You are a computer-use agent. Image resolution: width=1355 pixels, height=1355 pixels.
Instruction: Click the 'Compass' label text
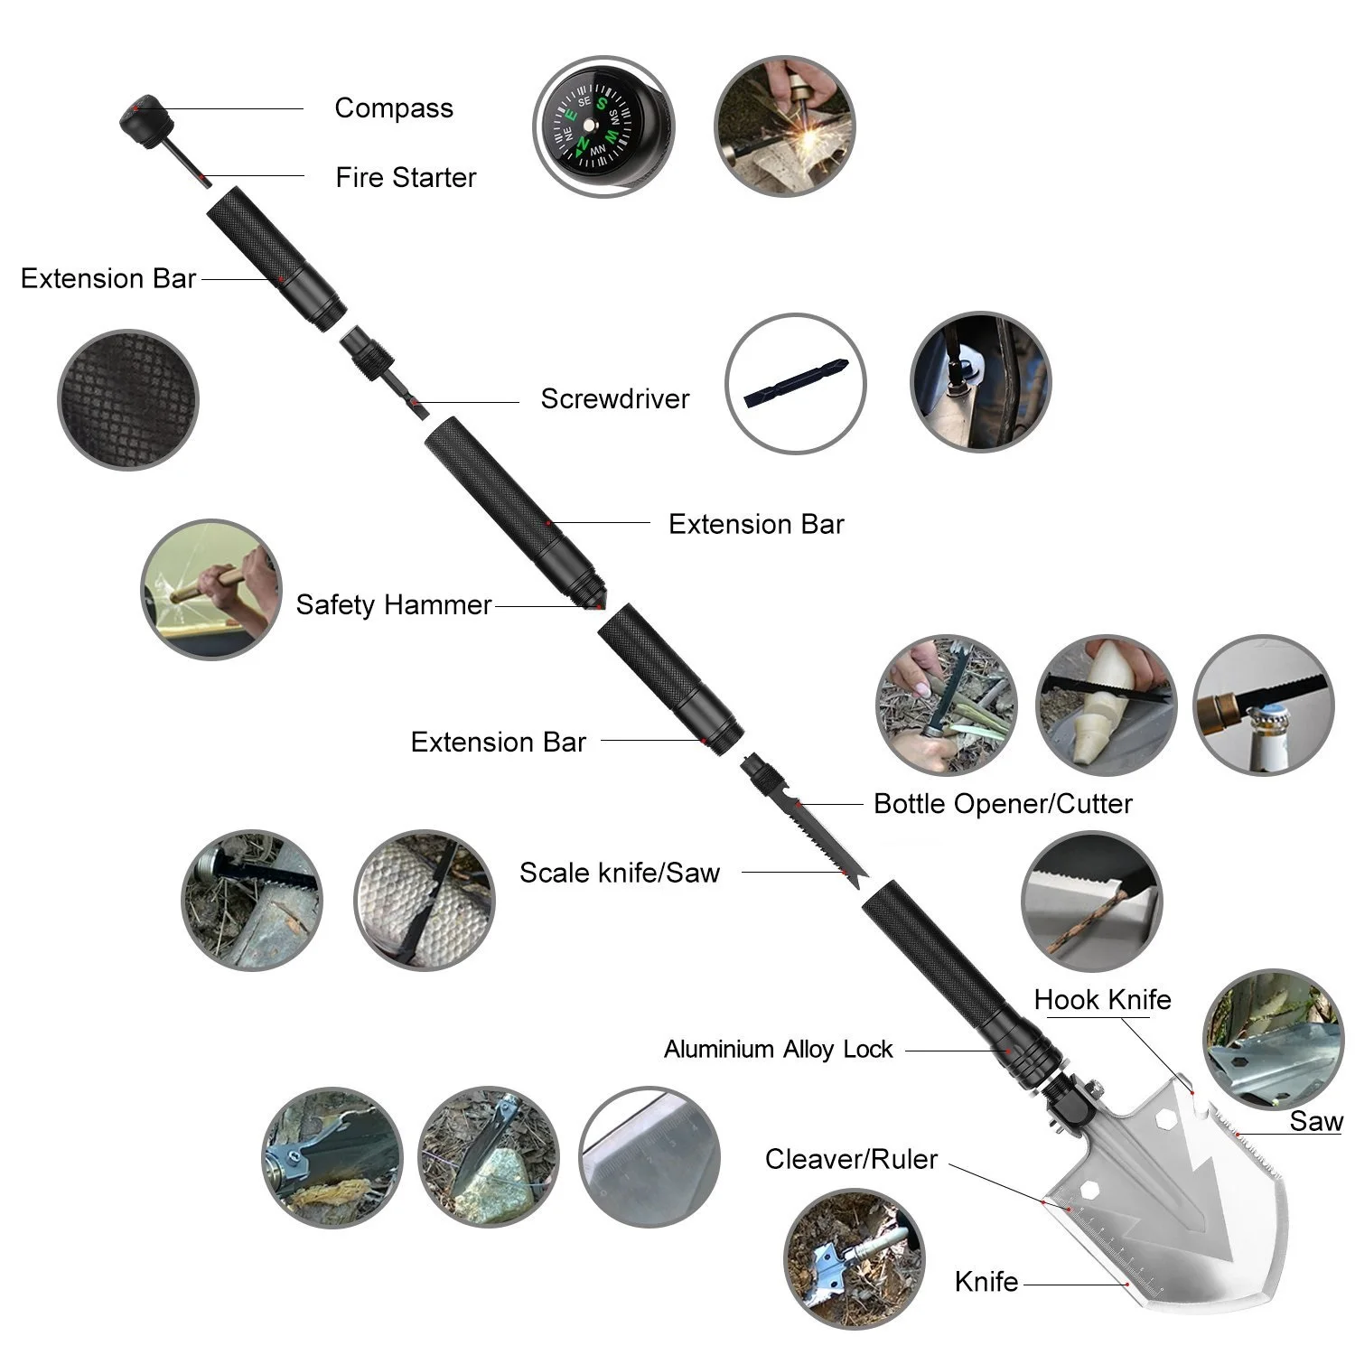click(x=394, y=108)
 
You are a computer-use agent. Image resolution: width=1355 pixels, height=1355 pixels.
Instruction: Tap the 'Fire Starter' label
click(x=406, y=177)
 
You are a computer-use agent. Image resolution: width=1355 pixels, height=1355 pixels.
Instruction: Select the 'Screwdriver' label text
click(x=614, y=398)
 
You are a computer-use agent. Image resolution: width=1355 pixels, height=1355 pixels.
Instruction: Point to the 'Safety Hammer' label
click(x=393, y=604)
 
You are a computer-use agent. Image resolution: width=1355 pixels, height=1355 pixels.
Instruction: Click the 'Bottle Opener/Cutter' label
click(x=1003, y=803)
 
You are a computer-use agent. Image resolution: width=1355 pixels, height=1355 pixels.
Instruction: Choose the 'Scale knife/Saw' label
click(x=620, y=873)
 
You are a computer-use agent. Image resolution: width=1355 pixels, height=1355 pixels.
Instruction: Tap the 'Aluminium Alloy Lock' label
click(x=778, y=1050)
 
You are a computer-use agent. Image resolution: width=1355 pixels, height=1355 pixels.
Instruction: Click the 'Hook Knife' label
click(x=1102, y=1000)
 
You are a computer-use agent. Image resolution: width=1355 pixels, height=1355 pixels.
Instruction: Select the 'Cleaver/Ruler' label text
click(x=851, y=1159)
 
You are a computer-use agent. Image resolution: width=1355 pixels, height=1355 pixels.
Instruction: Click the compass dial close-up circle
click(x=602, y=126)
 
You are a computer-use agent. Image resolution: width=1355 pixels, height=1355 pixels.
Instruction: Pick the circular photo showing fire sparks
click(x=784, y=126)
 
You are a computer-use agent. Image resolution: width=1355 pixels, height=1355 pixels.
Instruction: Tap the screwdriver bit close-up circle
click(x=795, y=383)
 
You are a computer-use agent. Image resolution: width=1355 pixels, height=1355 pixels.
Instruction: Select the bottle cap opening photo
click(x=1263, y=705)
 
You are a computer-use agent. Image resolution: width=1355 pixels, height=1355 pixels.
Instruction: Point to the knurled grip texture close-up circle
click(x=127, y=399)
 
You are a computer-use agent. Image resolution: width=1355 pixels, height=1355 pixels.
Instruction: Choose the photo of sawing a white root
click(x=1106, y=705)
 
